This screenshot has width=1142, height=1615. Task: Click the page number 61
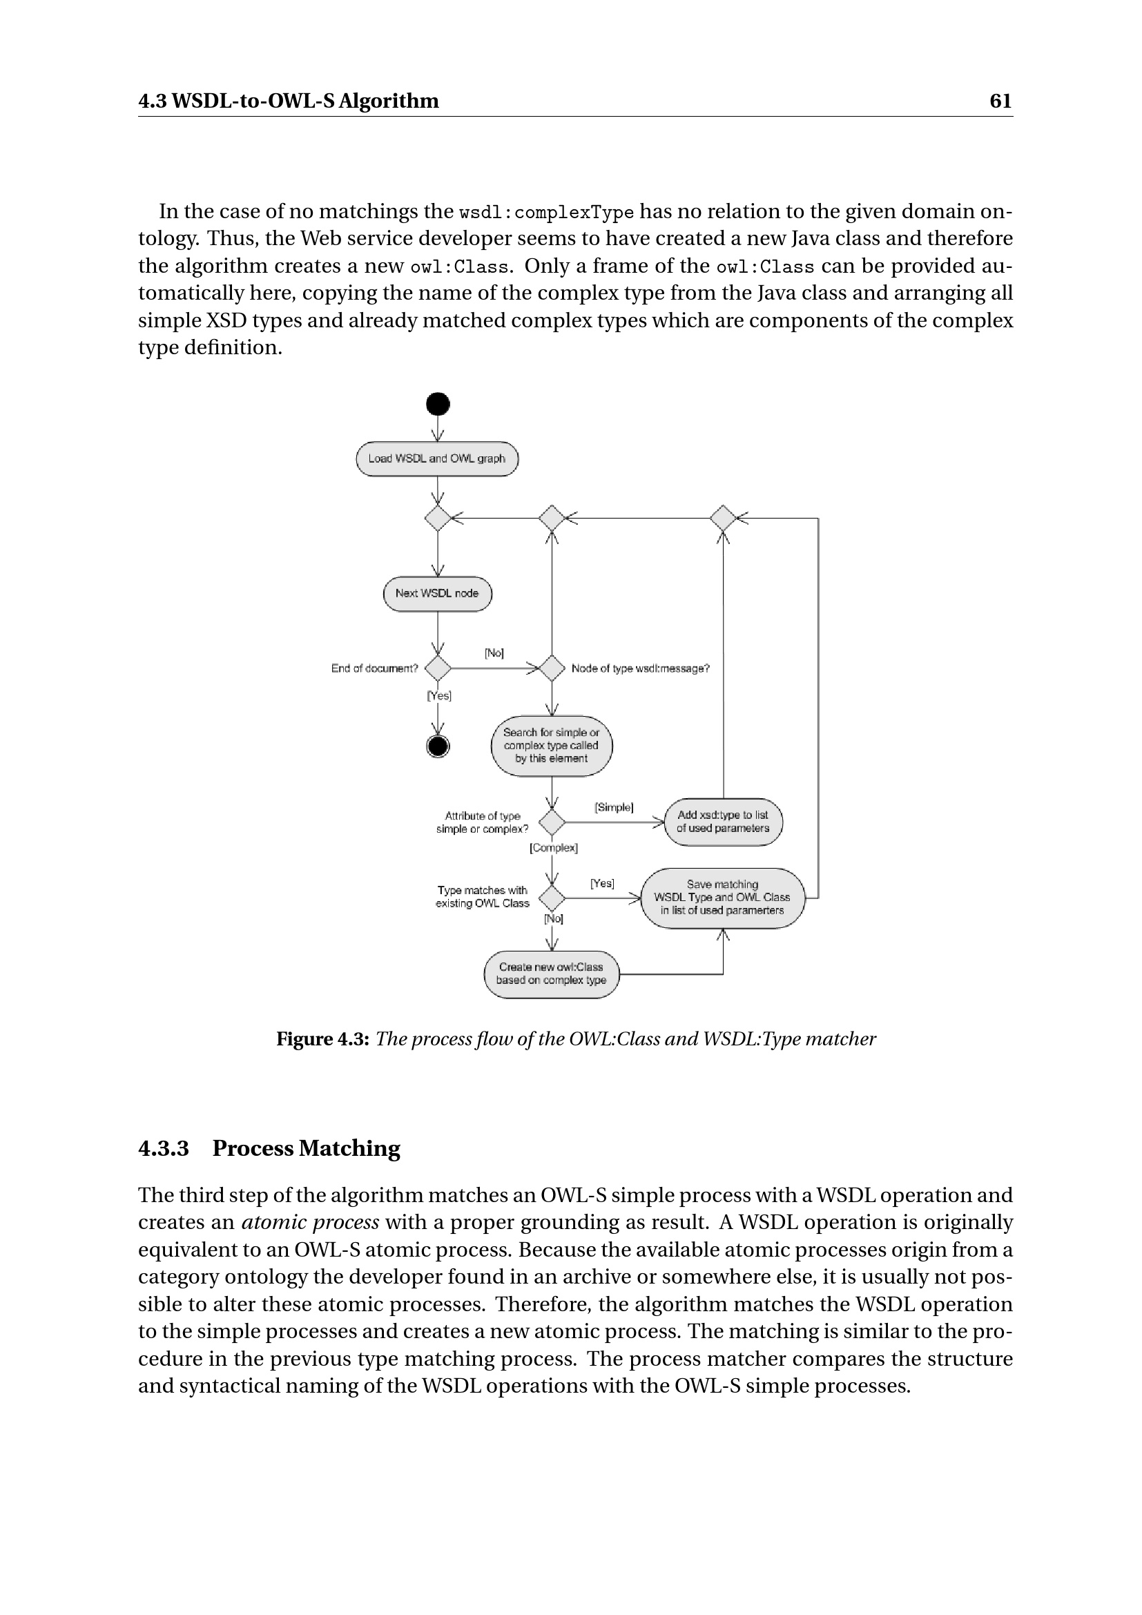pos(1000,101)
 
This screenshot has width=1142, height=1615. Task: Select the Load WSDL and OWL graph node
pos(436,458)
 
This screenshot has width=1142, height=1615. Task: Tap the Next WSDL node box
pos(436,594)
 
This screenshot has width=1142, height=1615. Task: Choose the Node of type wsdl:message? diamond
pos(552,668)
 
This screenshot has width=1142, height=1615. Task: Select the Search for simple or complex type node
pos(551,746)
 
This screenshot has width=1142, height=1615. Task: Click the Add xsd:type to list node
pos(723,822)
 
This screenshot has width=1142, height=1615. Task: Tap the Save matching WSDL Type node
pos(722,898)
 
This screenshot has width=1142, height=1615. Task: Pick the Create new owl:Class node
pos(551,974)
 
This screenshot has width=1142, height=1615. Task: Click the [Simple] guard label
pos(614,808)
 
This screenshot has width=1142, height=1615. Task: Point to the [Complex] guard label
pos(554,849)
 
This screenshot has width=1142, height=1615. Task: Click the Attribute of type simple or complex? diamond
pos(552,822)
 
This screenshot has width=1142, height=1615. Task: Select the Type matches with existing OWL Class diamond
pos(552,898)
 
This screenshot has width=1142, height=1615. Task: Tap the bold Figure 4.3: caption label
pos(322,1040)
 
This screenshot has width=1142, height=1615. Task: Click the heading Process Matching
pos(306,1149)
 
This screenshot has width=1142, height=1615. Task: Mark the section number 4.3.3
pos(163,1149)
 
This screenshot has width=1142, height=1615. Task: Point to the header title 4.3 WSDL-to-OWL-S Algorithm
pos(289,101)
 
